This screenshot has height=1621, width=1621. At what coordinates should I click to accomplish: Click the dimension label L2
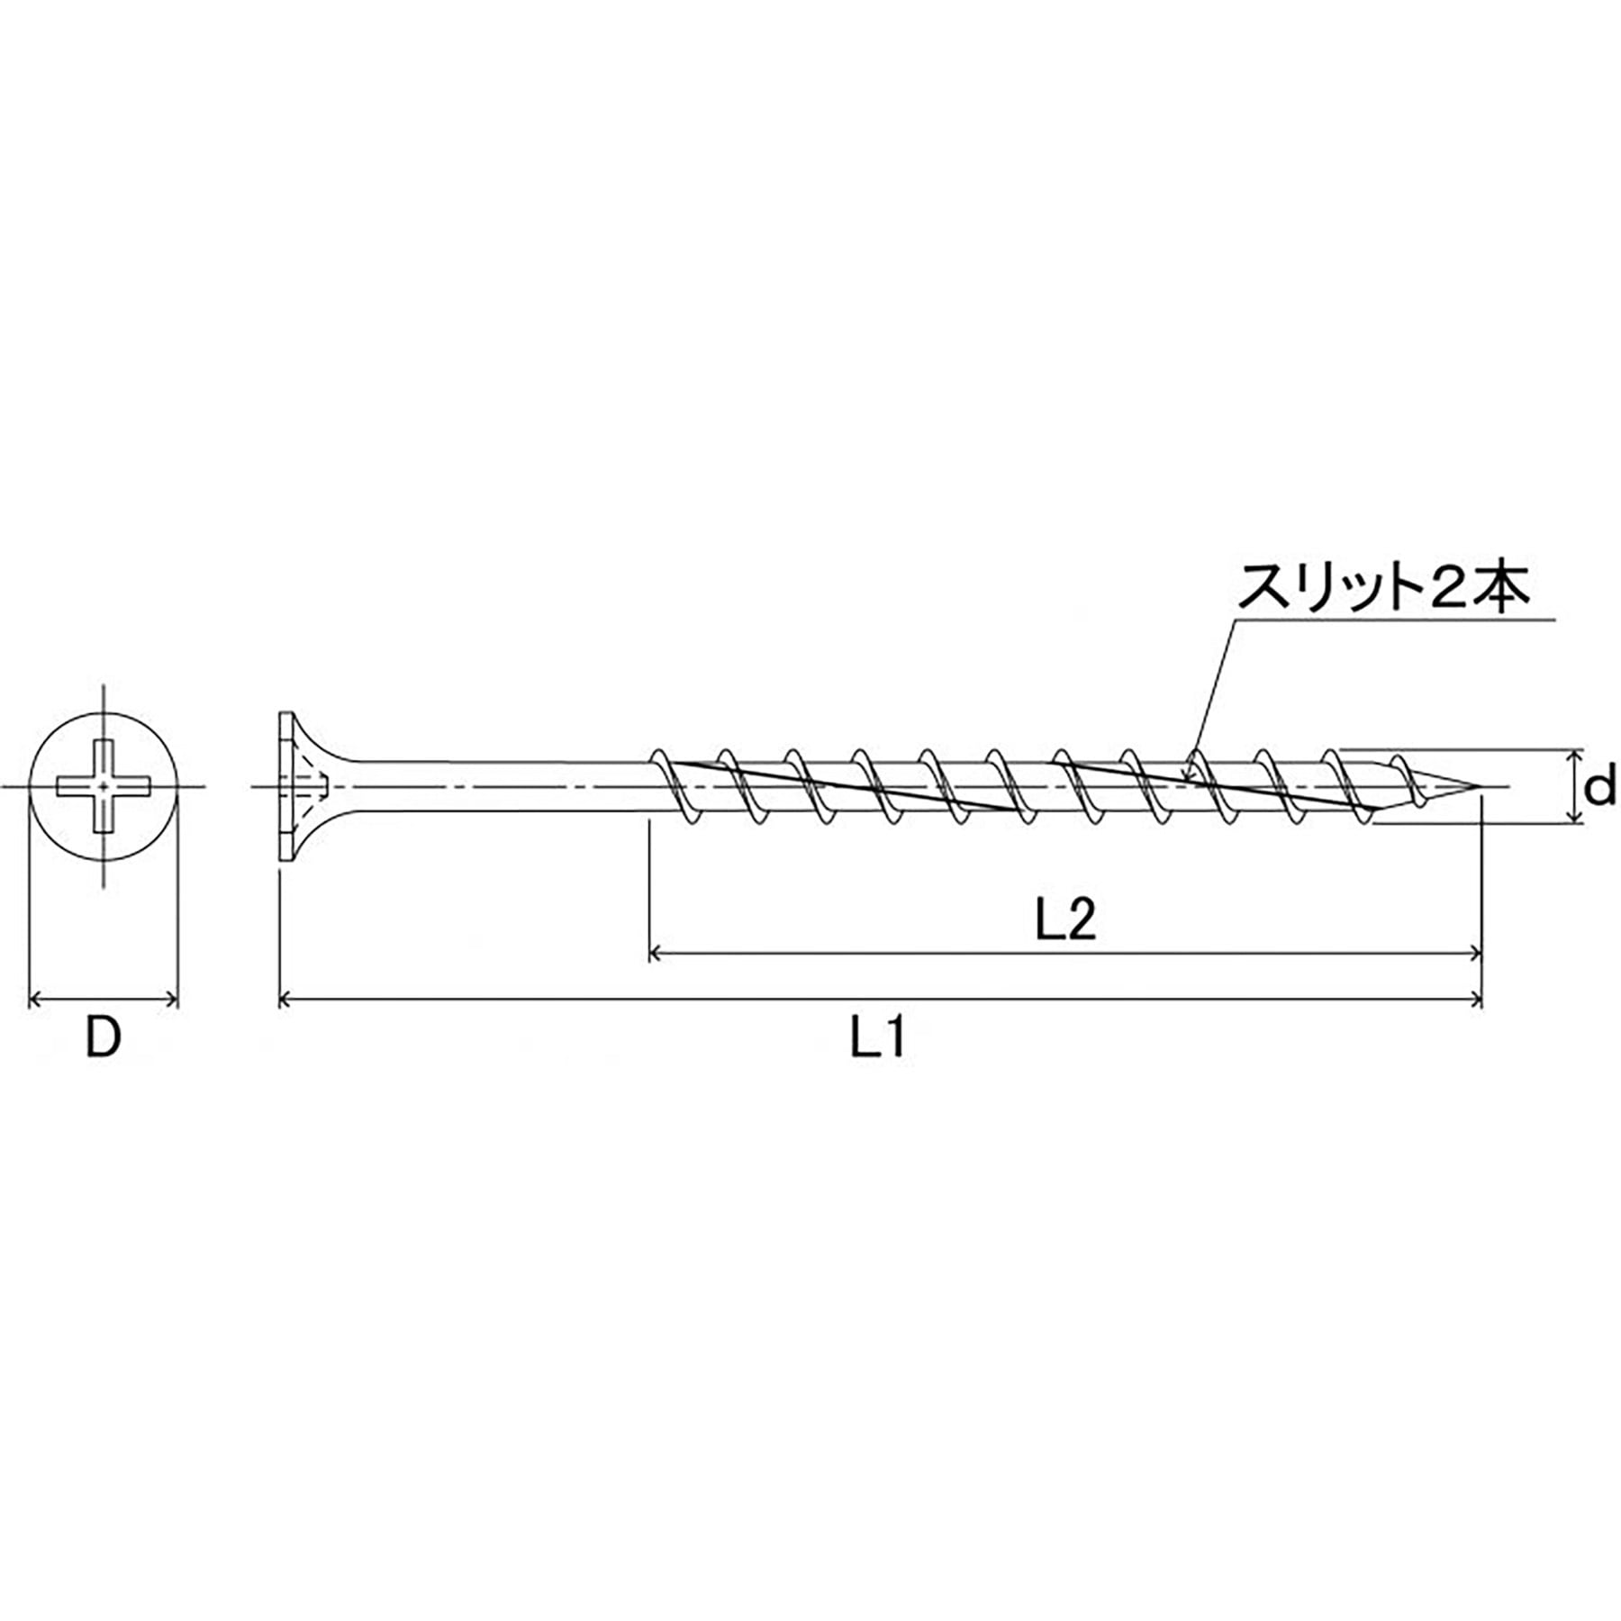click(x=1066, y=921)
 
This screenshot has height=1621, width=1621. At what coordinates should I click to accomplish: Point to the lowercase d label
click(x=1600, y=788)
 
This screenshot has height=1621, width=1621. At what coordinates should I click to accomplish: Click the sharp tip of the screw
click(x=1480, y=787)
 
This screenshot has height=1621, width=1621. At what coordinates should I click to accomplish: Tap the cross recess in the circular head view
click(x=104, y=786)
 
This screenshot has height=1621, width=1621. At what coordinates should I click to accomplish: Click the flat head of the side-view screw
click(x=286, y=786)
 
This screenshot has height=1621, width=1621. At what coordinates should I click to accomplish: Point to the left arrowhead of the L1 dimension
click(x=285, y=999)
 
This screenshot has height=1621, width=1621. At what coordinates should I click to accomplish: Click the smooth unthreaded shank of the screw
click(x=495, y=787)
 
